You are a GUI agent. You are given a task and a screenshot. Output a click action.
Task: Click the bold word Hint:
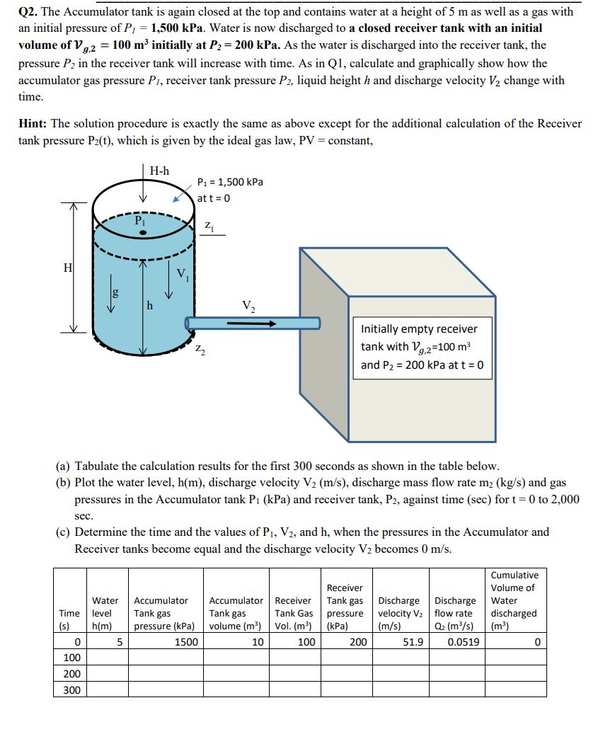click(x=35, y=123)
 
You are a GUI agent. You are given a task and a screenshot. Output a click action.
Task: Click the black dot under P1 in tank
click(x=143, y=232)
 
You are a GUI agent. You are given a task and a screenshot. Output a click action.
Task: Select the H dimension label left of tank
click(x=67, y=268)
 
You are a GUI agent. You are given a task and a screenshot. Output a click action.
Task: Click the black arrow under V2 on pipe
click(x=251, y=323)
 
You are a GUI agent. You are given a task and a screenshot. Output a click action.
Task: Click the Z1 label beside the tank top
click(x=209, y=226)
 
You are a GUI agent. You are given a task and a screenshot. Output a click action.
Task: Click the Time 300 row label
click(x=71, y=689)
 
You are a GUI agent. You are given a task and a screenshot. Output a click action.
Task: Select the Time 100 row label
click(x=71, y=658)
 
